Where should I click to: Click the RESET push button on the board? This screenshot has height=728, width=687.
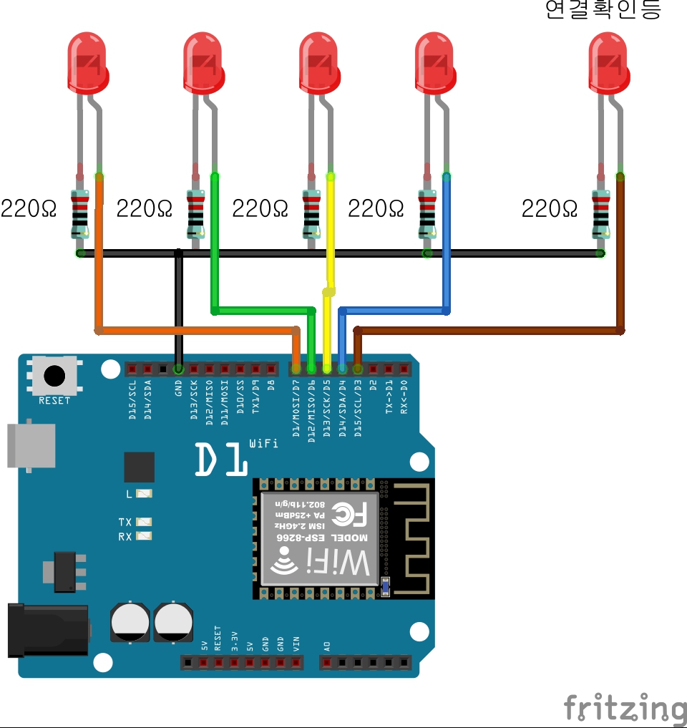[54, 376]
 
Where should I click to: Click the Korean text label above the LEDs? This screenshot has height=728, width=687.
[603, 10]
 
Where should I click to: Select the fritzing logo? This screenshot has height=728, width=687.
[624, 707]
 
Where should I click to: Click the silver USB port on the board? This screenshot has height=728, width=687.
[31, 445]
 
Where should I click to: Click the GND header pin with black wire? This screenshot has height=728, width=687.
[178, 369]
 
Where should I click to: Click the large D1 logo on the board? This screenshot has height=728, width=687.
[221, 460]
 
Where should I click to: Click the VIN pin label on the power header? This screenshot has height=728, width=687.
[296, 643]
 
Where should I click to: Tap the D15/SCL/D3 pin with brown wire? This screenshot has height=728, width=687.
[358, 369]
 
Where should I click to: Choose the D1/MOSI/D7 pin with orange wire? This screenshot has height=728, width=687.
[296, 369]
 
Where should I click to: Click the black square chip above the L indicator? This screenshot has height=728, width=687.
[139, 467]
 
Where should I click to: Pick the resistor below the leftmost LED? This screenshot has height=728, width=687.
[80, 213]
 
